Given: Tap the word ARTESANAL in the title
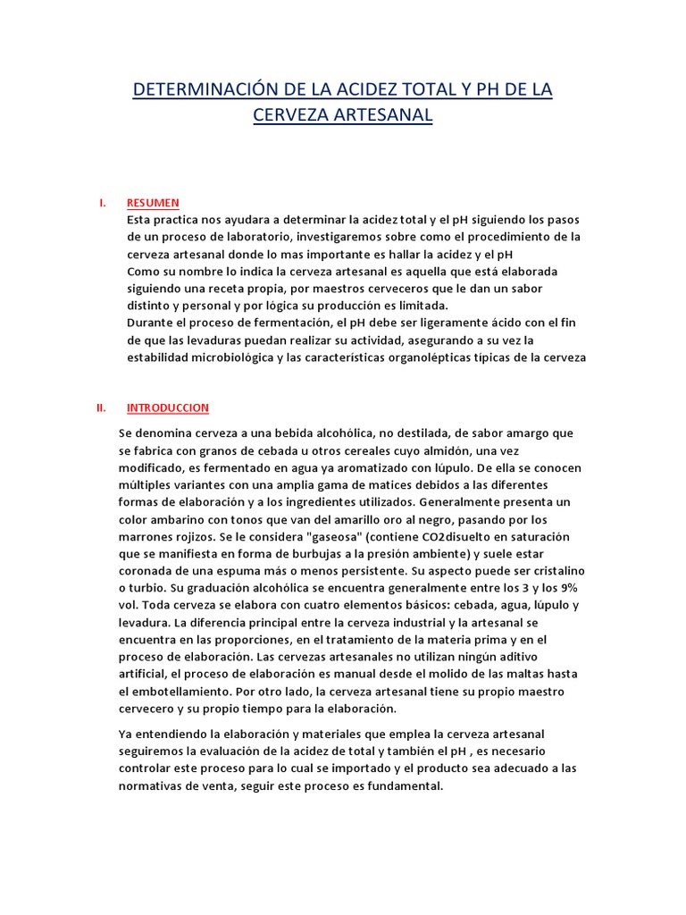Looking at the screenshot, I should click(x=378, y=115).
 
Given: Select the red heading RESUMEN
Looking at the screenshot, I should click(x=153, y=203).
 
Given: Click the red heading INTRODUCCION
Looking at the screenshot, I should click(x=168, y=407).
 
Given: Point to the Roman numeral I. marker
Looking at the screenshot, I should click(x=102, y=203).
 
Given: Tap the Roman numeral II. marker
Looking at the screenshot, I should click(x=101, y=407).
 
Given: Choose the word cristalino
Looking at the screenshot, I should click(x=552, y=569).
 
